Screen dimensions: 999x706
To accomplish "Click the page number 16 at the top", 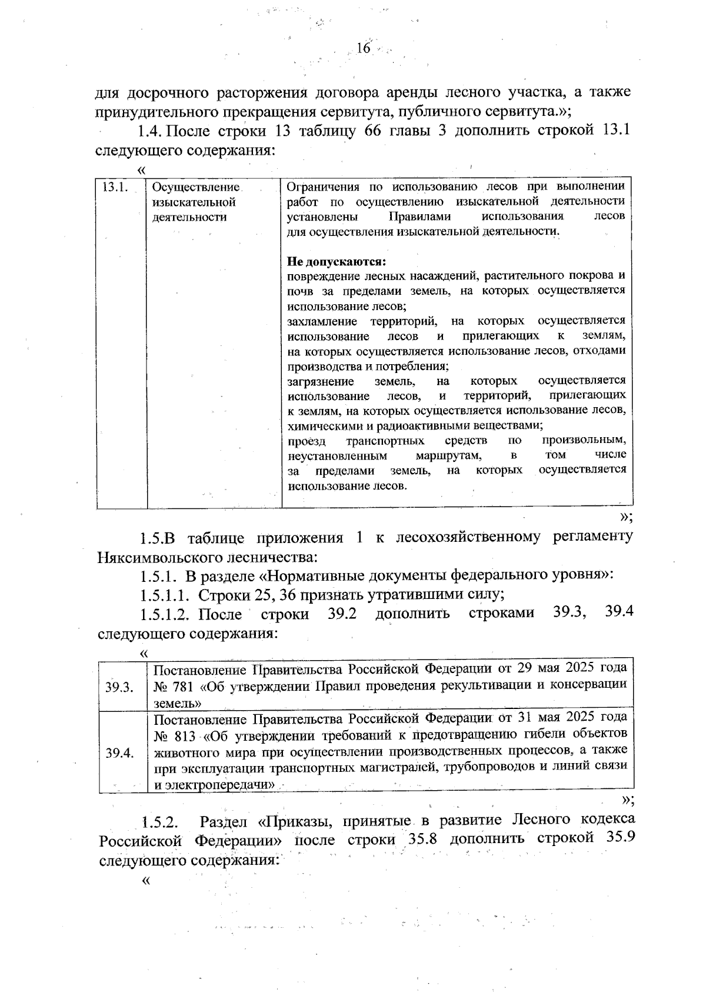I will (364, 48).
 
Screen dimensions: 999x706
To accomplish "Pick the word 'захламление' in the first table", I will (322, 321).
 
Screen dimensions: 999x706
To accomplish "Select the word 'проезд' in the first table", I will (306, 440).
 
